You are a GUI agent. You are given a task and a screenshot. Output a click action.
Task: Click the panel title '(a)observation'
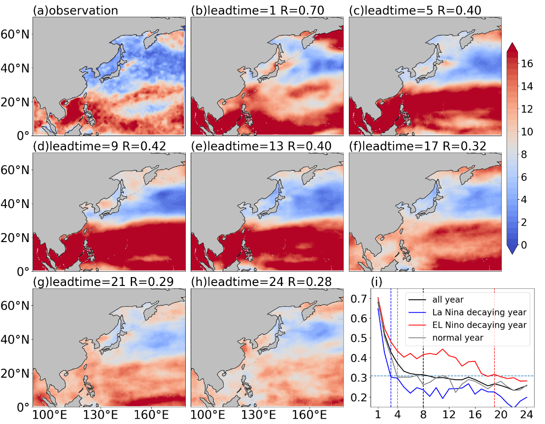[x=75, y=10]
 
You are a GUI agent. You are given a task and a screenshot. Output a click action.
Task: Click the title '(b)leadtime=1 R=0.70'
[x=258, y=10]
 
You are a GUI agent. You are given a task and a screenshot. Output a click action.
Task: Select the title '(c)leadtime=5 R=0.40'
[x=415, y=10]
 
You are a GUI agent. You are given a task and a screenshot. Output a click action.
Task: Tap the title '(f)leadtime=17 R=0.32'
[x=417, y=146]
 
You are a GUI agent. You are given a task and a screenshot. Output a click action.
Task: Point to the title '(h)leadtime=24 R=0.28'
[x=261, y=282]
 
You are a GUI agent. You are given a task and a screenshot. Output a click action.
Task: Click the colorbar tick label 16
[x=527, y=63]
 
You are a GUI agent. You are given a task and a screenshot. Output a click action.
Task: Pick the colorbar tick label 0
[x=524, y=245]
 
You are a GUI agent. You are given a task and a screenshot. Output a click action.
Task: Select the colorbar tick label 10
[x=527, y=132]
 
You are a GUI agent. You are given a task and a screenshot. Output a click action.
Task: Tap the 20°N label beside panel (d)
[x=15, y=238]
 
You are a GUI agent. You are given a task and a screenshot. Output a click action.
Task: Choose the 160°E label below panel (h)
[x=309, y=415]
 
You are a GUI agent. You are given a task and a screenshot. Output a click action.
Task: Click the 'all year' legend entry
[x=448, y=299]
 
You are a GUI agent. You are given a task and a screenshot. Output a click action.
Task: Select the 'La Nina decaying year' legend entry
[x=479, y=313]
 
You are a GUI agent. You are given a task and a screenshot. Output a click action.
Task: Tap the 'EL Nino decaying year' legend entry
[x=479, y=325]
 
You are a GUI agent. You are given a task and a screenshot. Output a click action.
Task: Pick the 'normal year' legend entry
[x=458, y=338]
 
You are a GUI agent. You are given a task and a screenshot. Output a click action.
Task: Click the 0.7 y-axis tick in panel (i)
[x=359, y=298]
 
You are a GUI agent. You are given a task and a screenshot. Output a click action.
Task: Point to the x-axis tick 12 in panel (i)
[x=449, y=414]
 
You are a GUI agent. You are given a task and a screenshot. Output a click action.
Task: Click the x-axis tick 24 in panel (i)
[x=527, y=414]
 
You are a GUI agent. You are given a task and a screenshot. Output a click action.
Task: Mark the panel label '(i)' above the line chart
[x=377, y=282]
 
